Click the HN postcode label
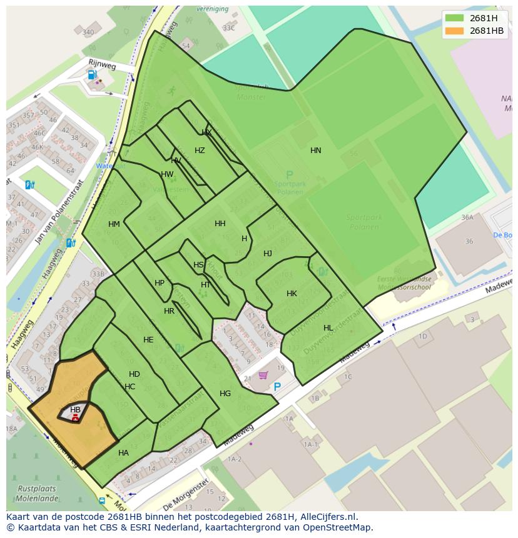coord(315,151)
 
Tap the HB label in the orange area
coord(75,410)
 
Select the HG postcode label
coord(225,394)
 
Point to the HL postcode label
coord(328,328)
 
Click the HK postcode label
coord(292,294)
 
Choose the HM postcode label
coord(114,224)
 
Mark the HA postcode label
coord(123,453)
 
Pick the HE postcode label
coord(148,340)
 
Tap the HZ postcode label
coord(200,151)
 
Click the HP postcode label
coord(160,283)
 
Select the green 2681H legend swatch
coord(455,18)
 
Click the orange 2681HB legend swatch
coord(455,31)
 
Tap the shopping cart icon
coord(263,375)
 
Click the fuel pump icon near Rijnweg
coord(93,75)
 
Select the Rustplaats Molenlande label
coord(36,494)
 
